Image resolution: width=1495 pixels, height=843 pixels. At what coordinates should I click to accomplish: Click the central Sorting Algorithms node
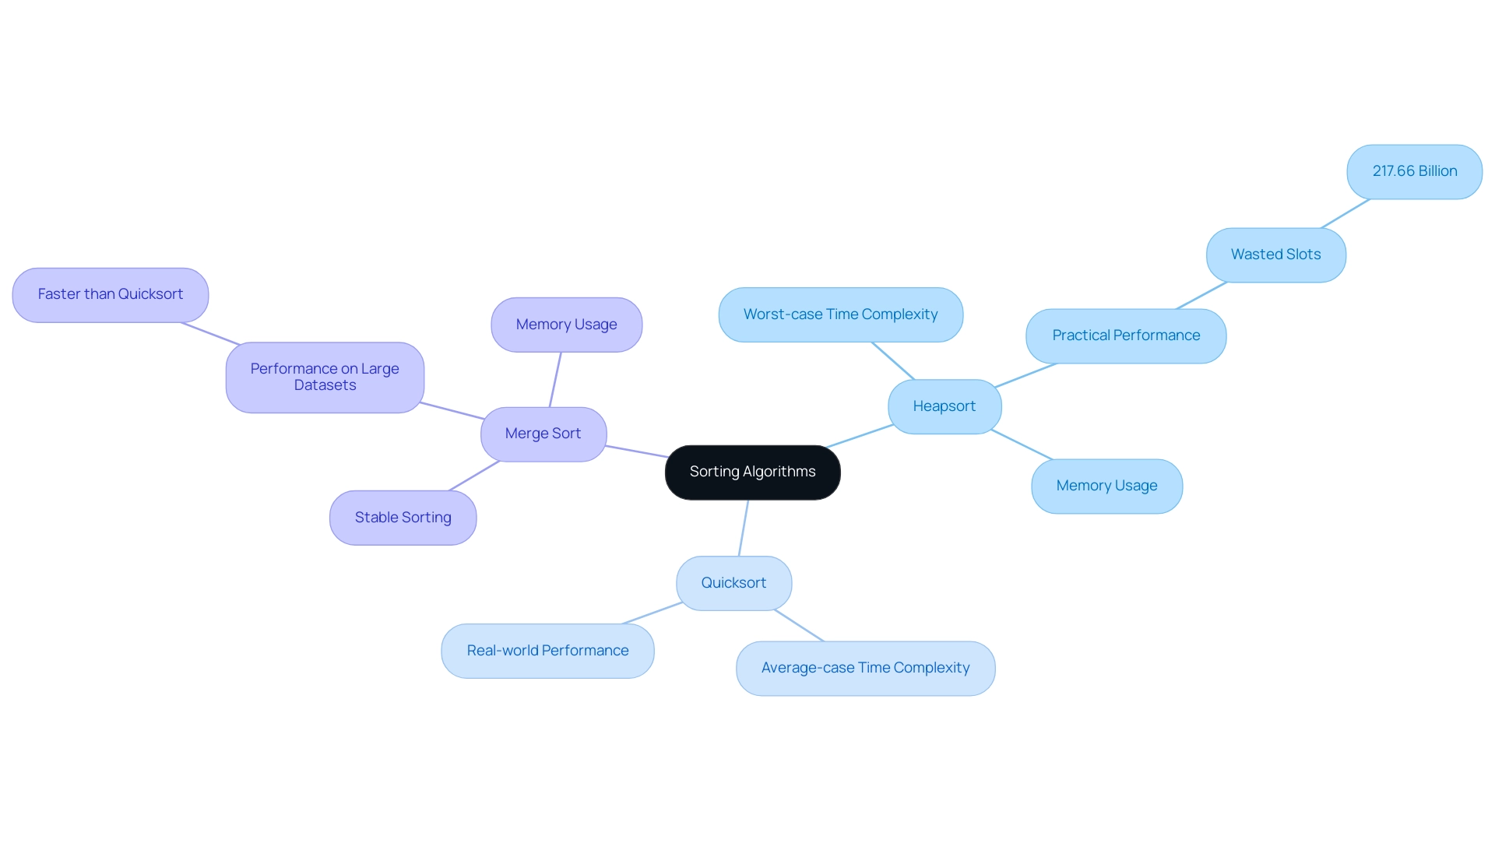[x=752, y=472]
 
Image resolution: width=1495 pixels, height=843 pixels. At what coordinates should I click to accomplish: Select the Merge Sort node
[x=543, y=434]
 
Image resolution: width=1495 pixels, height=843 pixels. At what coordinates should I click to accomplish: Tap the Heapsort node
[x=944, y=406]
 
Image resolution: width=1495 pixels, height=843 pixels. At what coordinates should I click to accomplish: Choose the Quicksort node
[x=733, y=583]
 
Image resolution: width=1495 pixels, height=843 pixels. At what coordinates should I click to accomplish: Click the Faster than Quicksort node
[x=111, y=294]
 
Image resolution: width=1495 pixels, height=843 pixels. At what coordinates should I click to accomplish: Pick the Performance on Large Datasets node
[x=325, y=377]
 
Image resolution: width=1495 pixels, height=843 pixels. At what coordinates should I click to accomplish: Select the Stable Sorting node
[x=403, y=518]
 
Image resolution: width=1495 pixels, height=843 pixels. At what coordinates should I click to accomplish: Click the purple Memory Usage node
[x=566, y=325]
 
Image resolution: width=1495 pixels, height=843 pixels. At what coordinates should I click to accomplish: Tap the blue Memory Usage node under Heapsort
[x=1106, y=486]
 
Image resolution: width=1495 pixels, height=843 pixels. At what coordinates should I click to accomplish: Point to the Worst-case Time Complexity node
[x=840, y=314]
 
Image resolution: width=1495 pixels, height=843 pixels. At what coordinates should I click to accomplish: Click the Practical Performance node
[x=1126, y=335]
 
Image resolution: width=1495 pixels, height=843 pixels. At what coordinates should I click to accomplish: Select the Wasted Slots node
[x=1275, y=255]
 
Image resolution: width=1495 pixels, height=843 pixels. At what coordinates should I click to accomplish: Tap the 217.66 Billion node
[x=1414, y=171]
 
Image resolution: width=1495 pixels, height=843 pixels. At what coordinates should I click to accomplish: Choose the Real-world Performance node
[x=547, y=651]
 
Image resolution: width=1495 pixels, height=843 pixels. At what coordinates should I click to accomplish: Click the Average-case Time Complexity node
[x=865, y=668]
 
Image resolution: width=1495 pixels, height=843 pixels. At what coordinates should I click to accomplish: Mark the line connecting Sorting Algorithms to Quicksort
[x=744, y=528]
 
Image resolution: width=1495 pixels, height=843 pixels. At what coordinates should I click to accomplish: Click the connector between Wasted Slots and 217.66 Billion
[x=1345, y=213]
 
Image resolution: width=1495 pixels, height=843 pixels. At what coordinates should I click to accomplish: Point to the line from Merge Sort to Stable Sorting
[x=474, y=476]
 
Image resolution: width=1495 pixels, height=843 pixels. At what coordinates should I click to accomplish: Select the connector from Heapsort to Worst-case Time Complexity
[x=893, y=360]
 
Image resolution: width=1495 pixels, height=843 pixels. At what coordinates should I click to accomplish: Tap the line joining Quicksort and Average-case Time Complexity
[x=799, y=626]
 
